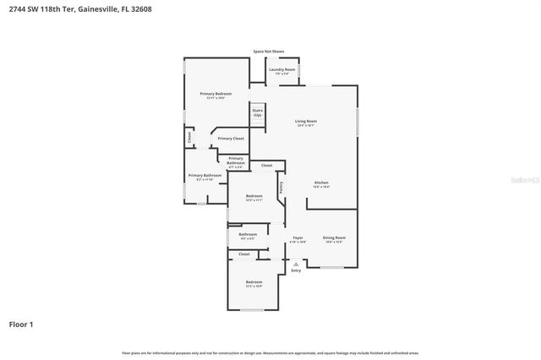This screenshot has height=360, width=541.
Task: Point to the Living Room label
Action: click(305, 123)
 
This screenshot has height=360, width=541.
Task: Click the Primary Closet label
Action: click(231, 138)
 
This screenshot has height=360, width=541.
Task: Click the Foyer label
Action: click(298, 239)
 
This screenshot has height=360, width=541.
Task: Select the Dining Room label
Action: click(335, 239)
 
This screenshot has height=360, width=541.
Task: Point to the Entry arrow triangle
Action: click(296, 263)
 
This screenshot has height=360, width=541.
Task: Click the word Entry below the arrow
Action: click(296, 270)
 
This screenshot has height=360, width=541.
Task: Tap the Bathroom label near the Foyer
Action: click(248, 236)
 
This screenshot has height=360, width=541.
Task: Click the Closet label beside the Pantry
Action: click(266, 165)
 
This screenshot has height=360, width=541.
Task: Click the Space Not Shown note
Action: click(269, 52)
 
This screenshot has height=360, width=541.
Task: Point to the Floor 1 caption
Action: click(21, 324)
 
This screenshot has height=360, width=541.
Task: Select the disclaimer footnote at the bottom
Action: click(270, 352)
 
